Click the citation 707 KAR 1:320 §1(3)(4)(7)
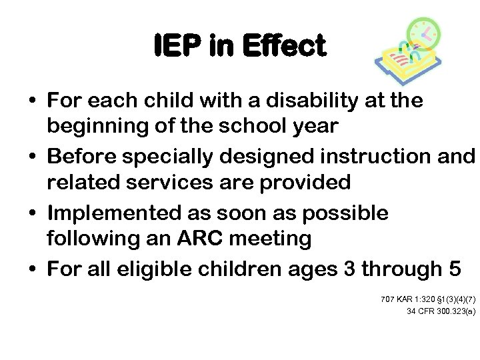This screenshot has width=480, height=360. tap(427, 299)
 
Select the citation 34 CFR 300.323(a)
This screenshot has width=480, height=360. tap(441, 311)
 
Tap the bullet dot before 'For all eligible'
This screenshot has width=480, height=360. tap(31, 269)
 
